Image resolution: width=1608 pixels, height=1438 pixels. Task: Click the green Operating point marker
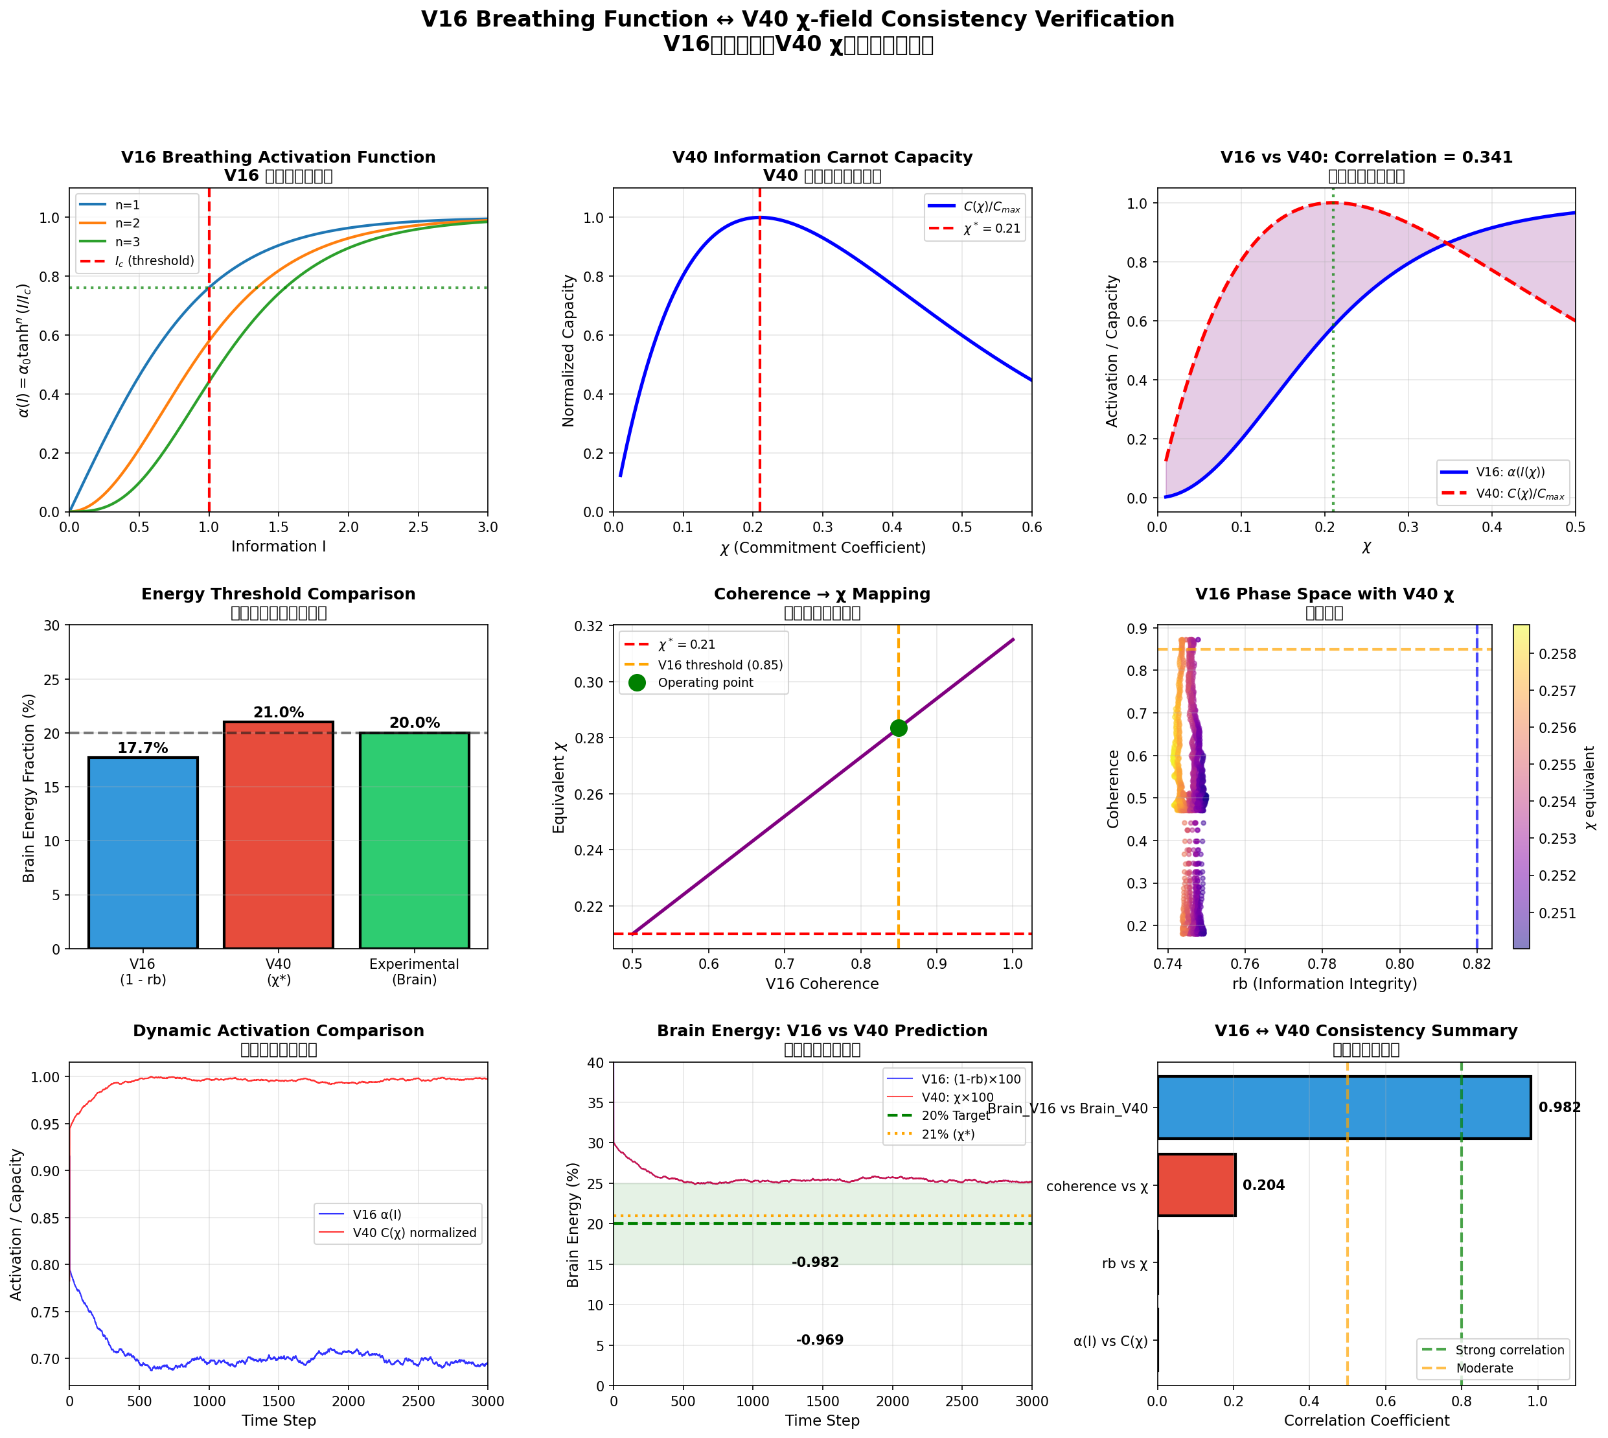tap(898, 728)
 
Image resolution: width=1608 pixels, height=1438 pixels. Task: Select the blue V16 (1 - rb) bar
tap(143, 853)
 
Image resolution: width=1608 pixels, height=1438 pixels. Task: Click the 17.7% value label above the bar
tap(143, 747)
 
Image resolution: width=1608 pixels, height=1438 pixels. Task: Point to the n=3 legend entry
tap(126, 242)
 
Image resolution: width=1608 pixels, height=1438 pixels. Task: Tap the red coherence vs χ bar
tap(1196, 1185)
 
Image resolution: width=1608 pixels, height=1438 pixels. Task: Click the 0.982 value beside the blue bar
tap(1559, 1107)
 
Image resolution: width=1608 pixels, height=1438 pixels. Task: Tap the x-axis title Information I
tap(278, 546)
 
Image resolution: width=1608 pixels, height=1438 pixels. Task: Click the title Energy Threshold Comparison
tap(278, 594)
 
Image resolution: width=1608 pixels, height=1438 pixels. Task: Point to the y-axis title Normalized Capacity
tap(569, 350)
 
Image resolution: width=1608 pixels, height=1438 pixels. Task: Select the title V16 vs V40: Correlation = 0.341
tap(1366, 156)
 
